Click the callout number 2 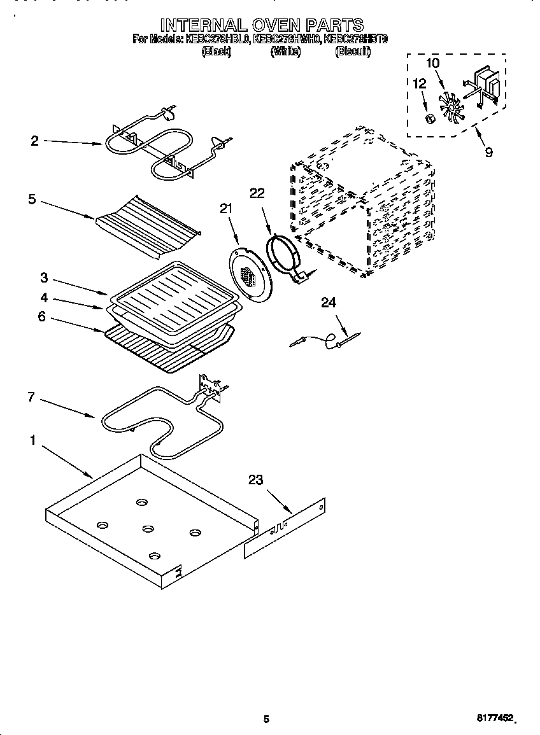(x=34, y=141)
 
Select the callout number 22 (x=257, y=193)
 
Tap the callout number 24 (x=328, y=302)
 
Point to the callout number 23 (x=255, y=480)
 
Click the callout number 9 (x=488, y=152)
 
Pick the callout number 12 (x=419, y=83)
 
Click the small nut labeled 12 (x=430, y=119)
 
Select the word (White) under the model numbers (x=285, y=52)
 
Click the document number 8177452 (x=496, y=718)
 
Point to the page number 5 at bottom (x=267, y=719)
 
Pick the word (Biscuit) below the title (x=352, y=52)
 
